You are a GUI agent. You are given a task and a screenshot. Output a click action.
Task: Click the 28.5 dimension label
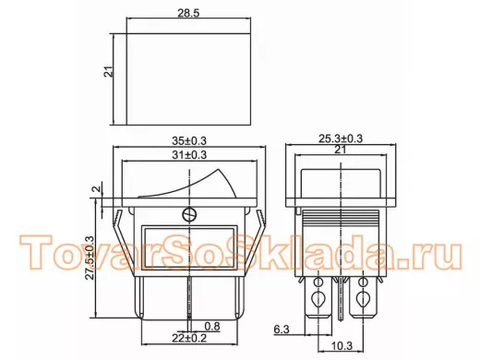point(188,13)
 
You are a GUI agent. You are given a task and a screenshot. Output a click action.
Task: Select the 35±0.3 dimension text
point(189,141)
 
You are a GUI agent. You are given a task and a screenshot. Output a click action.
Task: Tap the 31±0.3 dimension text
point(189,155)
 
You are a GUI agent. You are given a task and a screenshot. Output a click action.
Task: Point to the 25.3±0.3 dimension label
point(341,138)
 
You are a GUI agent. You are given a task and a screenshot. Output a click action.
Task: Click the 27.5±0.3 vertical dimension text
point(90,258)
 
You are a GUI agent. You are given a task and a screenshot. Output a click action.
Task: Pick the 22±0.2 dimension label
point(189,338)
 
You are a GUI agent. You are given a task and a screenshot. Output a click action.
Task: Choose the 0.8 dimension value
point(212,326)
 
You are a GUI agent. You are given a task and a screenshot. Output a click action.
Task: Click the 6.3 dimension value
point(282,330)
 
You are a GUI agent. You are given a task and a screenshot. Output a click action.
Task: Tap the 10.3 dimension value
point(342,346)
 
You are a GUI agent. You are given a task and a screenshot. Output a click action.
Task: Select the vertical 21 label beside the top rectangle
point(109,71)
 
